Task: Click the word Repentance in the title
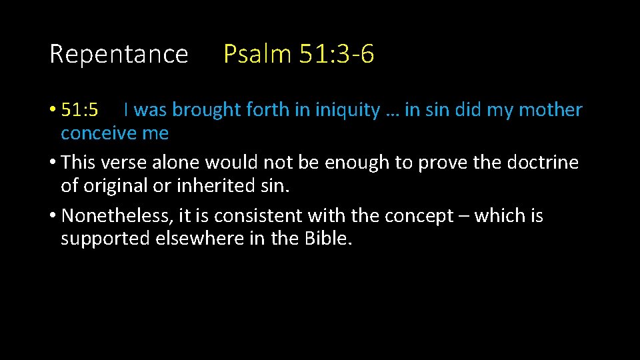119,54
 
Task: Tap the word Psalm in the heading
257,54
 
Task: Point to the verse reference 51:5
79,110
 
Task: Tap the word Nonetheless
117,216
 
